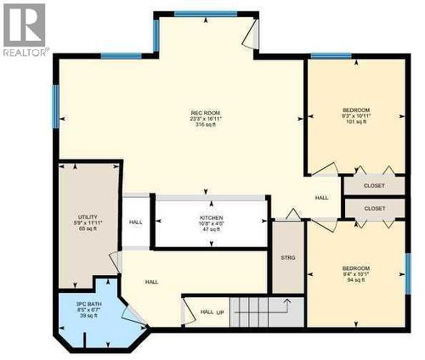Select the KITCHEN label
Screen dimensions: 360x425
pos(211,217)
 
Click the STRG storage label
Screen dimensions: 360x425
pos(287,256)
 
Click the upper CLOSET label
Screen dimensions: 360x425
pos(374,185)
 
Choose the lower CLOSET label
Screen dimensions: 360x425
pos(374,208)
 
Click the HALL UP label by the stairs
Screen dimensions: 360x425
pos(212,312)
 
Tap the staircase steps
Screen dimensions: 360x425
pos(263,312)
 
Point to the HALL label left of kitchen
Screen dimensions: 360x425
pos(136,222)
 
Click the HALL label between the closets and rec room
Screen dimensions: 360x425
pos(321,198)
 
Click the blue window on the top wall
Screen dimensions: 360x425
pos(200,14)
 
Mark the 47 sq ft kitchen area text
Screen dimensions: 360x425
pos(211,229)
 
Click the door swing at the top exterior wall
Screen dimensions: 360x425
pos(248,36)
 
